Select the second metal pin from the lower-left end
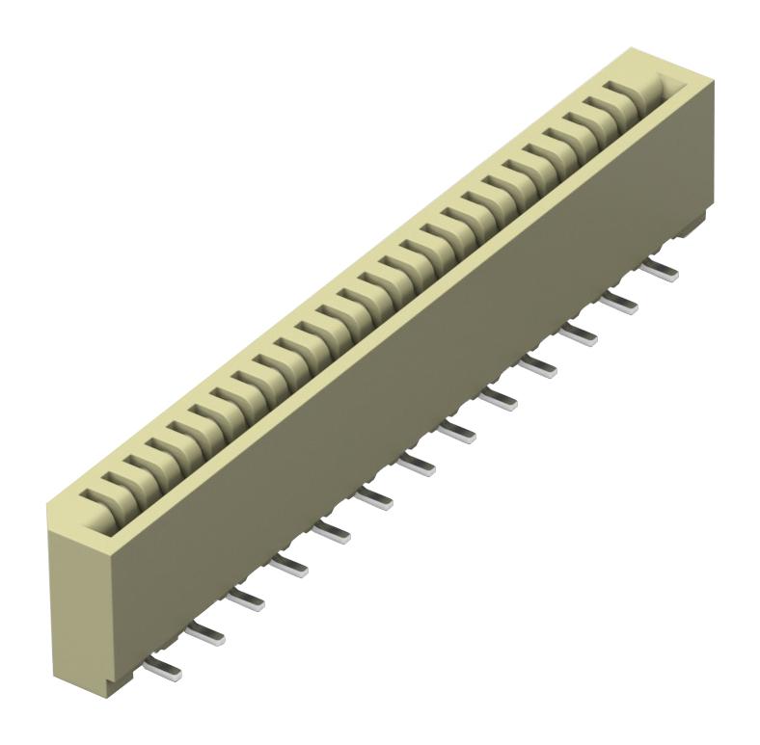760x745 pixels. [206, 632]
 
